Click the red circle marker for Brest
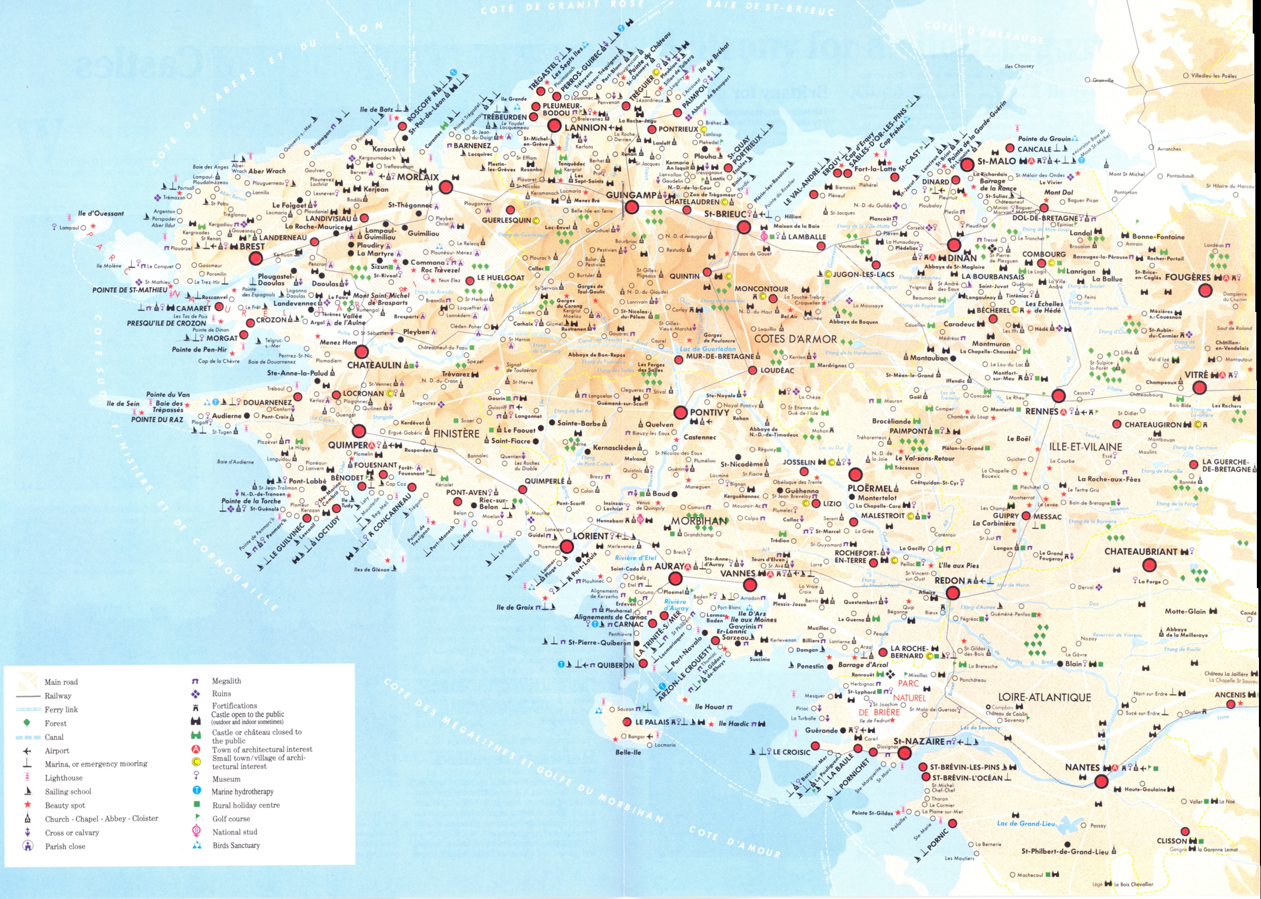coord(255,258)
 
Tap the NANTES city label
coord(1082,767)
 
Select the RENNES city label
coord(1041,411)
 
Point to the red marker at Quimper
coord(360,431)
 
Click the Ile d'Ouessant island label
coord(101,213)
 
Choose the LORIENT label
coord(590,536)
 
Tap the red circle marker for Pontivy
coord(680,412)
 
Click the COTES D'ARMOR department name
coord(795,339)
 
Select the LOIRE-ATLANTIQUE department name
coord(1044,698)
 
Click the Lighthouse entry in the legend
coord(63,778)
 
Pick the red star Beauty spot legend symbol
coord(27,805)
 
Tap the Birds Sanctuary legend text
coord(236,845)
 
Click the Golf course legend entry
coord(231,819)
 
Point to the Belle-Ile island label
coord(627,752)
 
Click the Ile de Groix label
coord(515,607)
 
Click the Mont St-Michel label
coord(1127,174)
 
